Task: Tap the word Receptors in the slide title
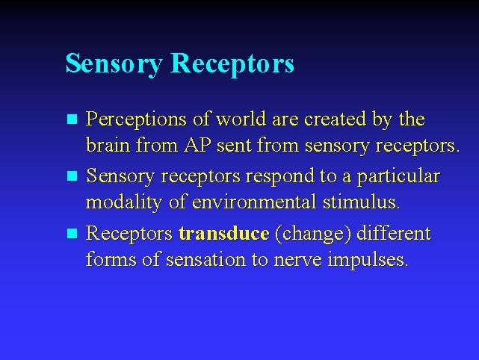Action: (x=232, y=64)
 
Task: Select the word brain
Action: (x=109, y=145)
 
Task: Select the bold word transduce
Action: (x=223, y=235)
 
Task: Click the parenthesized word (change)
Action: (x=312, y=235)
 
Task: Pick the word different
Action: (x=393, y=235)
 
